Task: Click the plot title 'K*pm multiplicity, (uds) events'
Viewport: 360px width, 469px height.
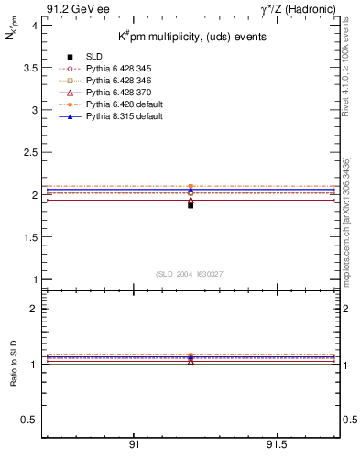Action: [x=192, y=37]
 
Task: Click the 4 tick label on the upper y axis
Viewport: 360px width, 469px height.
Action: [x=33, y=26]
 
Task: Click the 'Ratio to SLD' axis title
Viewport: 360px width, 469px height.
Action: [x=13, y=376]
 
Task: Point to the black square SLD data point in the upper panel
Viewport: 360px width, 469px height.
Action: [x=191, y=205]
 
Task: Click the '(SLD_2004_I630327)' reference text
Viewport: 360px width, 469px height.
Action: [x=191, y=273]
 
